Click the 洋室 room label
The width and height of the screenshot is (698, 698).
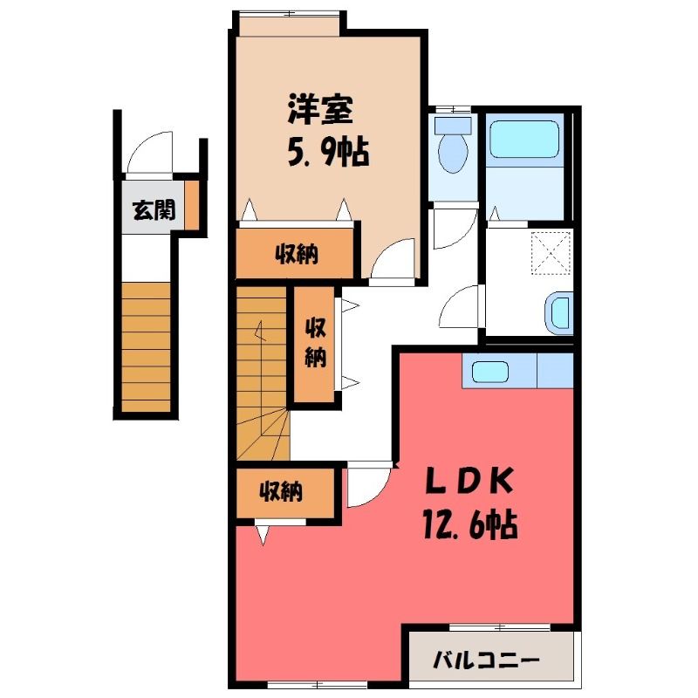pos(320,110)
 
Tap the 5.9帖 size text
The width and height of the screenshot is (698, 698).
pos(328,152)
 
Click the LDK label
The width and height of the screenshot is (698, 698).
pos(470,482)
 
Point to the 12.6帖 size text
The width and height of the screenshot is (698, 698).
pos(470,524)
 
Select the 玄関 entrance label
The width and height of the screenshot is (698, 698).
pos(154,209)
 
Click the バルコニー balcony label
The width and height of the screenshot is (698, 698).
pos(487,660)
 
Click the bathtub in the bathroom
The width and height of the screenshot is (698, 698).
pos(524,139)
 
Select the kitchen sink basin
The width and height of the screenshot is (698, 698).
pos(489,372)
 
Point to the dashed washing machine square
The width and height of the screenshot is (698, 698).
pos(551,253)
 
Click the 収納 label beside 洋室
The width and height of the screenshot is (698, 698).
pos(296,255)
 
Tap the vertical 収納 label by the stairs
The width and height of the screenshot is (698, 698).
pos(315,343)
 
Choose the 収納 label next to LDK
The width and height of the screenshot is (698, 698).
pos(281,491)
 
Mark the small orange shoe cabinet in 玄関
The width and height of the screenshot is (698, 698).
pos(192,205)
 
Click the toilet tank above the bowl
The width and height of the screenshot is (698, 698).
pos(453,126)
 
